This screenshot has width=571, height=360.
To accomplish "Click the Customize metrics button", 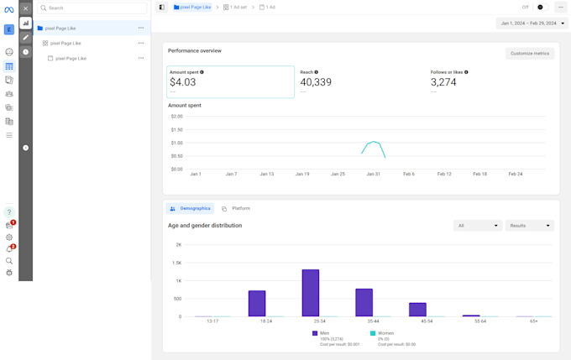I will [530, 53].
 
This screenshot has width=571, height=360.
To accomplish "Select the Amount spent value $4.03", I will [183, 82].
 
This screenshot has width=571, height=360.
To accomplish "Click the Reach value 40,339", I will [316, 82].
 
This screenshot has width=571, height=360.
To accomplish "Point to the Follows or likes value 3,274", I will [444, 82].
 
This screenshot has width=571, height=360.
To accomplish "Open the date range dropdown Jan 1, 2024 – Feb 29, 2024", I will [532, 23].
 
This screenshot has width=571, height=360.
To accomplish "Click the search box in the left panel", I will [92, 8].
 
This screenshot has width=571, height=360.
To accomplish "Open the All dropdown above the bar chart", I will [477, 226].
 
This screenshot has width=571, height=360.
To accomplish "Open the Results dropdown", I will [529, 226].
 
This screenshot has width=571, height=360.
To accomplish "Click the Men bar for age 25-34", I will [311, 293].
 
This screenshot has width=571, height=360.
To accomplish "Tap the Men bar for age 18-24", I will [257, 304].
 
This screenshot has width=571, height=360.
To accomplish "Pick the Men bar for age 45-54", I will [417, 310].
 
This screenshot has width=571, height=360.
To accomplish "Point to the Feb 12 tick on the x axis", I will [444, 174].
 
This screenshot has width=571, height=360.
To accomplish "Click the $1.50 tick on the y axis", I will [176, 129].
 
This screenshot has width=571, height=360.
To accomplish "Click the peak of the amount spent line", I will [374, 142].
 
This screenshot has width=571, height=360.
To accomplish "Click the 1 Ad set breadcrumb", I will [235, 8].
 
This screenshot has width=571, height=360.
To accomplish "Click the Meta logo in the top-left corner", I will [9, 9].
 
